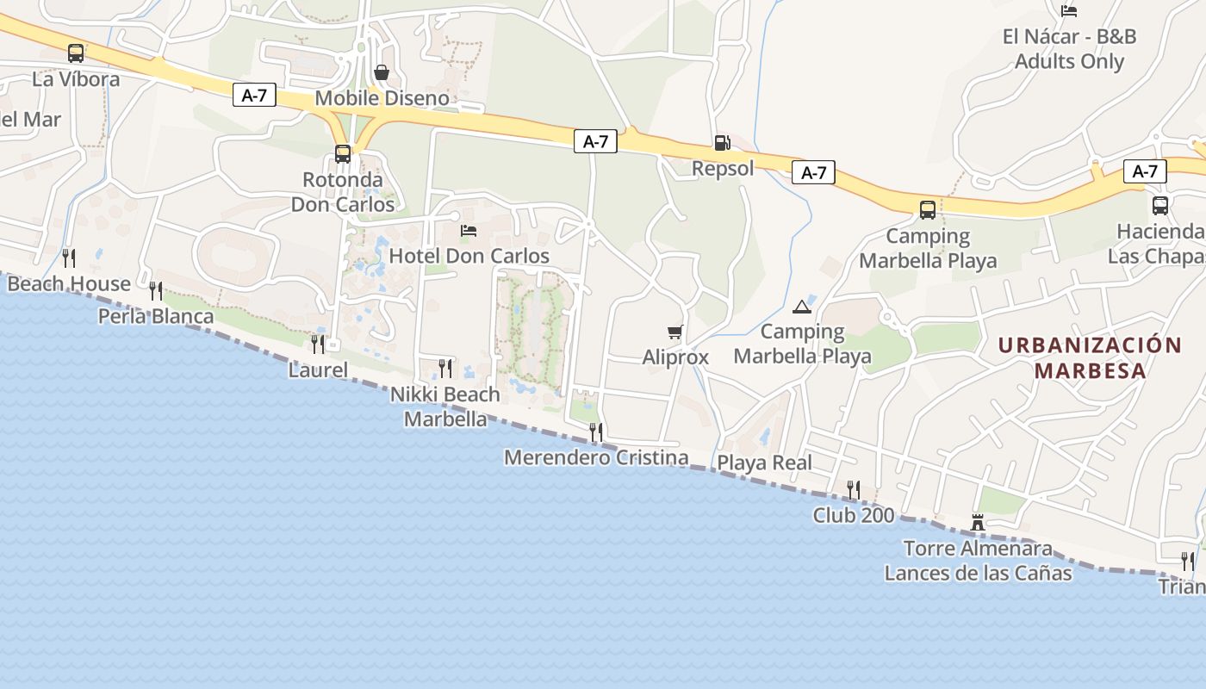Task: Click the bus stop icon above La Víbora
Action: (76, 53)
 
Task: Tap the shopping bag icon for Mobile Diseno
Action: (382, 72)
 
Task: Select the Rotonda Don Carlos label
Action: (343, 192)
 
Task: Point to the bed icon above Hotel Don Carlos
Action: (469, 231)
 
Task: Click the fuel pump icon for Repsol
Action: (722, 143)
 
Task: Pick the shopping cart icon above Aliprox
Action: (675, 332)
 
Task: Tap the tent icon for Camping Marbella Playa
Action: (802, 307)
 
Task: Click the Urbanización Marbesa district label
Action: (1090, 358)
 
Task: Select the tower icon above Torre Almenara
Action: (978, 522)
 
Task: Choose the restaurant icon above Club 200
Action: (854, 489)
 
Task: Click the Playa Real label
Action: (765, 462)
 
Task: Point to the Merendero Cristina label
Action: (596, 457)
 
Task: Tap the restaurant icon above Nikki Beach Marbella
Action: (445, 369)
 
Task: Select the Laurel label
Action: (318, 371)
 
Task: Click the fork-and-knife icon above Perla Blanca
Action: (156, 290)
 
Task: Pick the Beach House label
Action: (69, 283)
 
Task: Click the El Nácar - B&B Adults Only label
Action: (1069, 49)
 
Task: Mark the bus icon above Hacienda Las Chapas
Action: (1160, 206)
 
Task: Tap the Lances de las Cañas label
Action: (978, 573)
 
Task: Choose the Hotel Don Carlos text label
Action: (469, 256)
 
